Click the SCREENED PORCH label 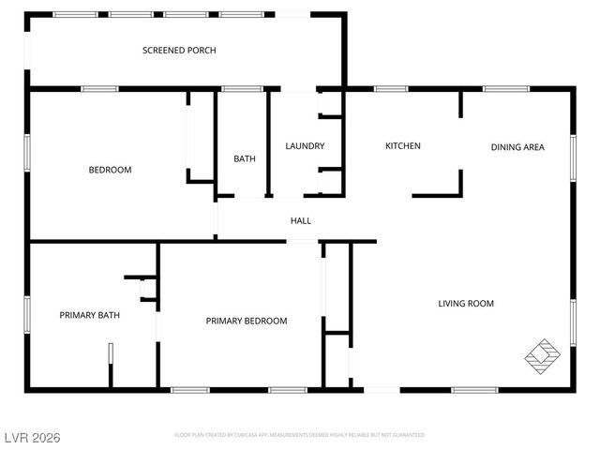coord(179,51)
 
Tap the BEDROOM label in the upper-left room coord(110,170)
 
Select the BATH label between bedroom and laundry coord(244,159)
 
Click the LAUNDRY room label coord(305,146)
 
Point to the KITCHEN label coord(403,146)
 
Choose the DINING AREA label coord(517,147)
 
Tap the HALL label coord(300,221)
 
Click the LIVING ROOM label coord(466,304)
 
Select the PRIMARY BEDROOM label coord(247,321)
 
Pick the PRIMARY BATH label coord(90,315)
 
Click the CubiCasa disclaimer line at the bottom coord(300,435)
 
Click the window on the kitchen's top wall coord(390,89)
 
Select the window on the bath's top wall coord(241,89)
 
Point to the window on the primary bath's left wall coord(27,314)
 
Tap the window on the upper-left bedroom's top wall coord(99,89)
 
